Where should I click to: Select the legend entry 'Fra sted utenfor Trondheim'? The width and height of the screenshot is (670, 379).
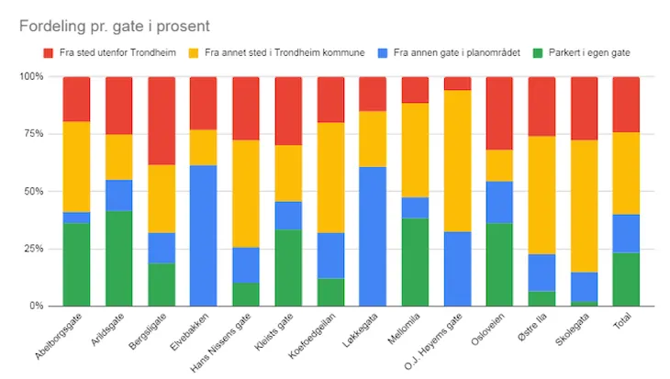pyautogui.click(x=109, y=53)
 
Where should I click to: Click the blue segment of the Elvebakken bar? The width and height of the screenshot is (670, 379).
pyautogui.click(x=204, y=235)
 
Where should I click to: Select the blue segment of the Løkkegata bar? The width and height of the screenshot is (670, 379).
pyautogui.click(x=373, y=236)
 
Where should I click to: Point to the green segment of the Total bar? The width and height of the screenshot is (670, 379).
pyautogui.click(x=626, y=279)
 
